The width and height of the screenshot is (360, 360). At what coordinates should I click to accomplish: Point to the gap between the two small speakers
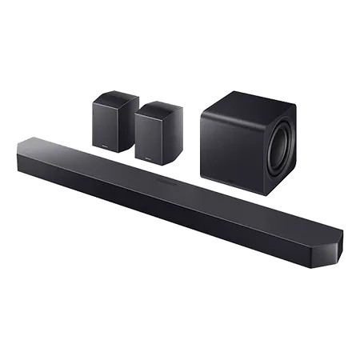coord(134,128)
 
